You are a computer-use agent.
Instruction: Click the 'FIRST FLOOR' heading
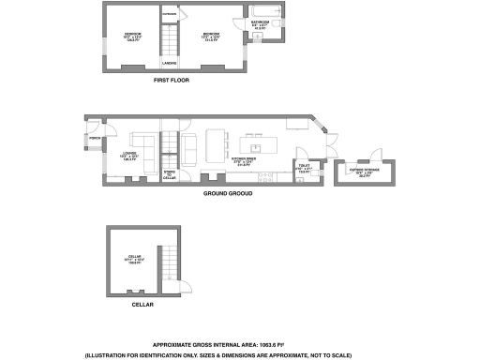point(172,82)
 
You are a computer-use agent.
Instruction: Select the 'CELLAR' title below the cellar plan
point(143,305)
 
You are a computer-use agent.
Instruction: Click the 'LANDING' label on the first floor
point(170,63)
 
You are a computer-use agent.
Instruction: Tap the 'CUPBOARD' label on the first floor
point(170,15)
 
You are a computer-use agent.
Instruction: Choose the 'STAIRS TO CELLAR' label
point(170,175)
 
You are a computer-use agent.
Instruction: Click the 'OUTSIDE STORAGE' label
point(362,172)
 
